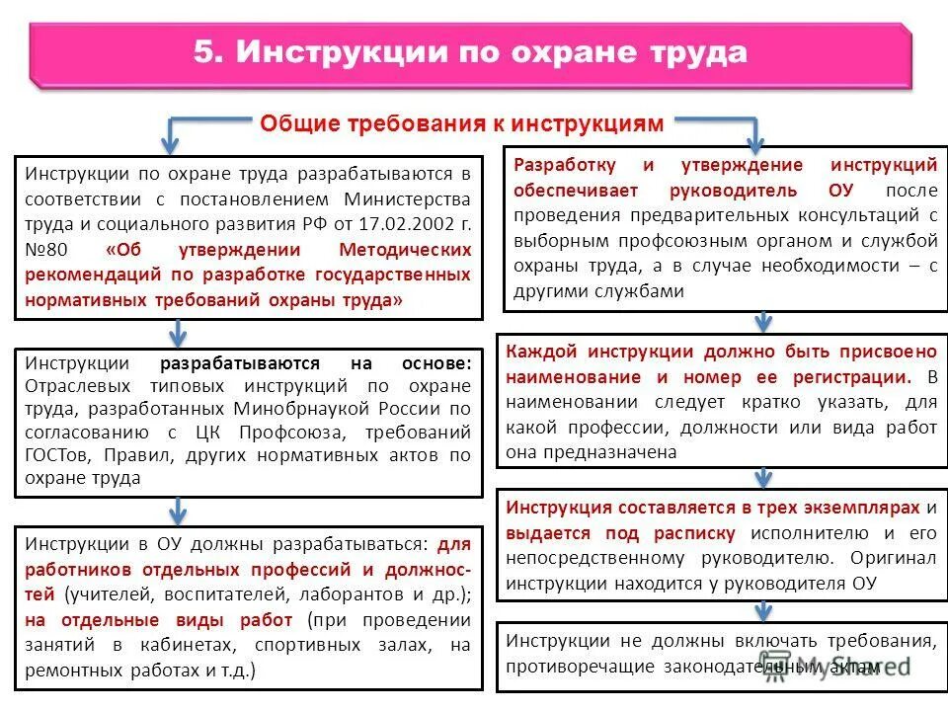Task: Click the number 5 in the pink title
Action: coord(205,52)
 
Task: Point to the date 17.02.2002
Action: coord(402,225)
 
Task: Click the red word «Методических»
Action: coord(405,251)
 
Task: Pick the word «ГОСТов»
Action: coord(53,456)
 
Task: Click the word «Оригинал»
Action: coord(898,558)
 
